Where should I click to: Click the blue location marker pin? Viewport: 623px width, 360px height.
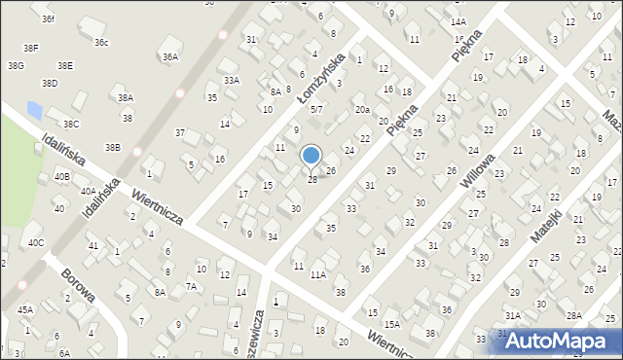(311, 156)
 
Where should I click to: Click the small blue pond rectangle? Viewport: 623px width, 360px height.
(35, 109)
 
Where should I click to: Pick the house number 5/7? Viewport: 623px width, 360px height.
(316, 110)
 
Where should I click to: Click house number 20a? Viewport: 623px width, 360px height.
(361, 110)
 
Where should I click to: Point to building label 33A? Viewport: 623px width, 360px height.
(231, 81)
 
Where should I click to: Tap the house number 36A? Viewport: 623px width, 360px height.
(170, 57)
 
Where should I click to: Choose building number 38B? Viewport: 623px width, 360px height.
(113, 148)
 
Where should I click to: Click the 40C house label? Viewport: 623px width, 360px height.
(36, 242)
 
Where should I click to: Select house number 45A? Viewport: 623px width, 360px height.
(24, 310)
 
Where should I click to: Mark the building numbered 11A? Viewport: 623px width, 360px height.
(318, 275)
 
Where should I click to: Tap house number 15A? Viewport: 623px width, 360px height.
(391, 325)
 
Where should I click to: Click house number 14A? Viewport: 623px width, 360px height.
(458, 21)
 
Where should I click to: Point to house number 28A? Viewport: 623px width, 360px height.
(574, 315)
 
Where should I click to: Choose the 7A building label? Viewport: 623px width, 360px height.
(192, 286)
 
